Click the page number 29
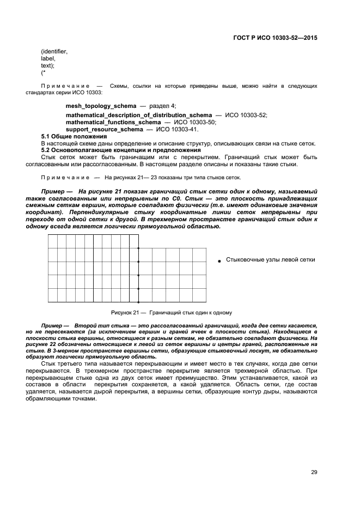[314, 472]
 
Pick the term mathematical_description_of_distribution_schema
[139, 116]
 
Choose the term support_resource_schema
[101, 129]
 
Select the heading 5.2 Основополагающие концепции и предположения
[121, 150]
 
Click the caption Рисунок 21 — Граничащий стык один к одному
[172, 313]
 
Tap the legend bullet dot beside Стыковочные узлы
[219, 262]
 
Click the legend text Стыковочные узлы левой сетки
[270, 260]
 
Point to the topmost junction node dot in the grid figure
[138, 248]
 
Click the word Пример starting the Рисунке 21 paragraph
[53, 192]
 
